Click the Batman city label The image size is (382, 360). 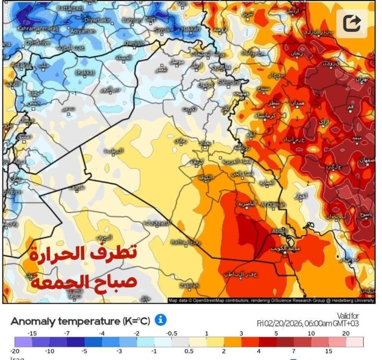(x=131, y=20)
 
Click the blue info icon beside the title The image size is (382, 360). (x=160, y=320)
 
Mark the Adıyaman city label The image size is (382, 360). (x=83, y=31)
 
